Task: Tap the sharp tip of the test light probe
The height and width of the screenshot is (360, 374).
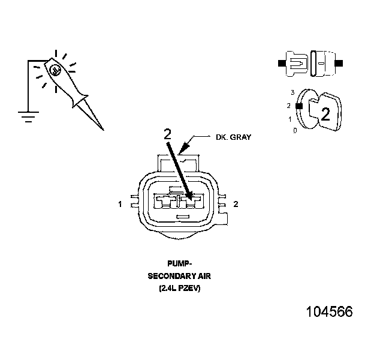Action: (x=102, y=129)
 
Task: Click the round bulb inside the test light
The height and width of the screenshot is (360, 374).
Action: (x=55, y=71)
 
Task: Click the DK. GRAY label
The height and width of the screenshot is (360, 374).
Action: (x=233, y=137)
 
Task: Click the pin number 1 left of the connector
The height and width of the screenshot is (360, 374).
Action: (x=120, y=205)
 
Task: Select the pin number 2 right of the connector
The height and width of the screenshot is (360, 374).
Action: (x=236, y=205)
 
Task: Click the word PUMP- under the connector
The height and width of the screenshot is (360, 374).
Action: (x=178, y=263)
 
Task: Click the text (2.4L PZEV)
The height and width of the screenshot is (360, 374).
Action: (x=179, y=288)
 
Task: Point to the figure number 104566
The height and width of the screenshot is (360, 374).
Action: (x=329, y=312)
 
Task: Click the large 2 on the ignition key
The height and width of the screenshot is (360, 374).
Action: (x=325, y=115)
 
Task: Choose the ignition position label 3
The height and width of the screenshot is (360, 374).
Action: (x=292, y=92)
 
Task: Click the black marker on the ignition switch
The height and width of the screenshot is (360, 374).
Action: (x=298, y=106)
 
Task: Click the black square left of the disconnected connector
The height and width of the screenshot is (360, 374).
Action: (x=281, y=62)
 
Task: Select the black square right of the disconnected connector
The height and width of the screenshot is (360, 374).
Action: (x=339, y=62)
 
